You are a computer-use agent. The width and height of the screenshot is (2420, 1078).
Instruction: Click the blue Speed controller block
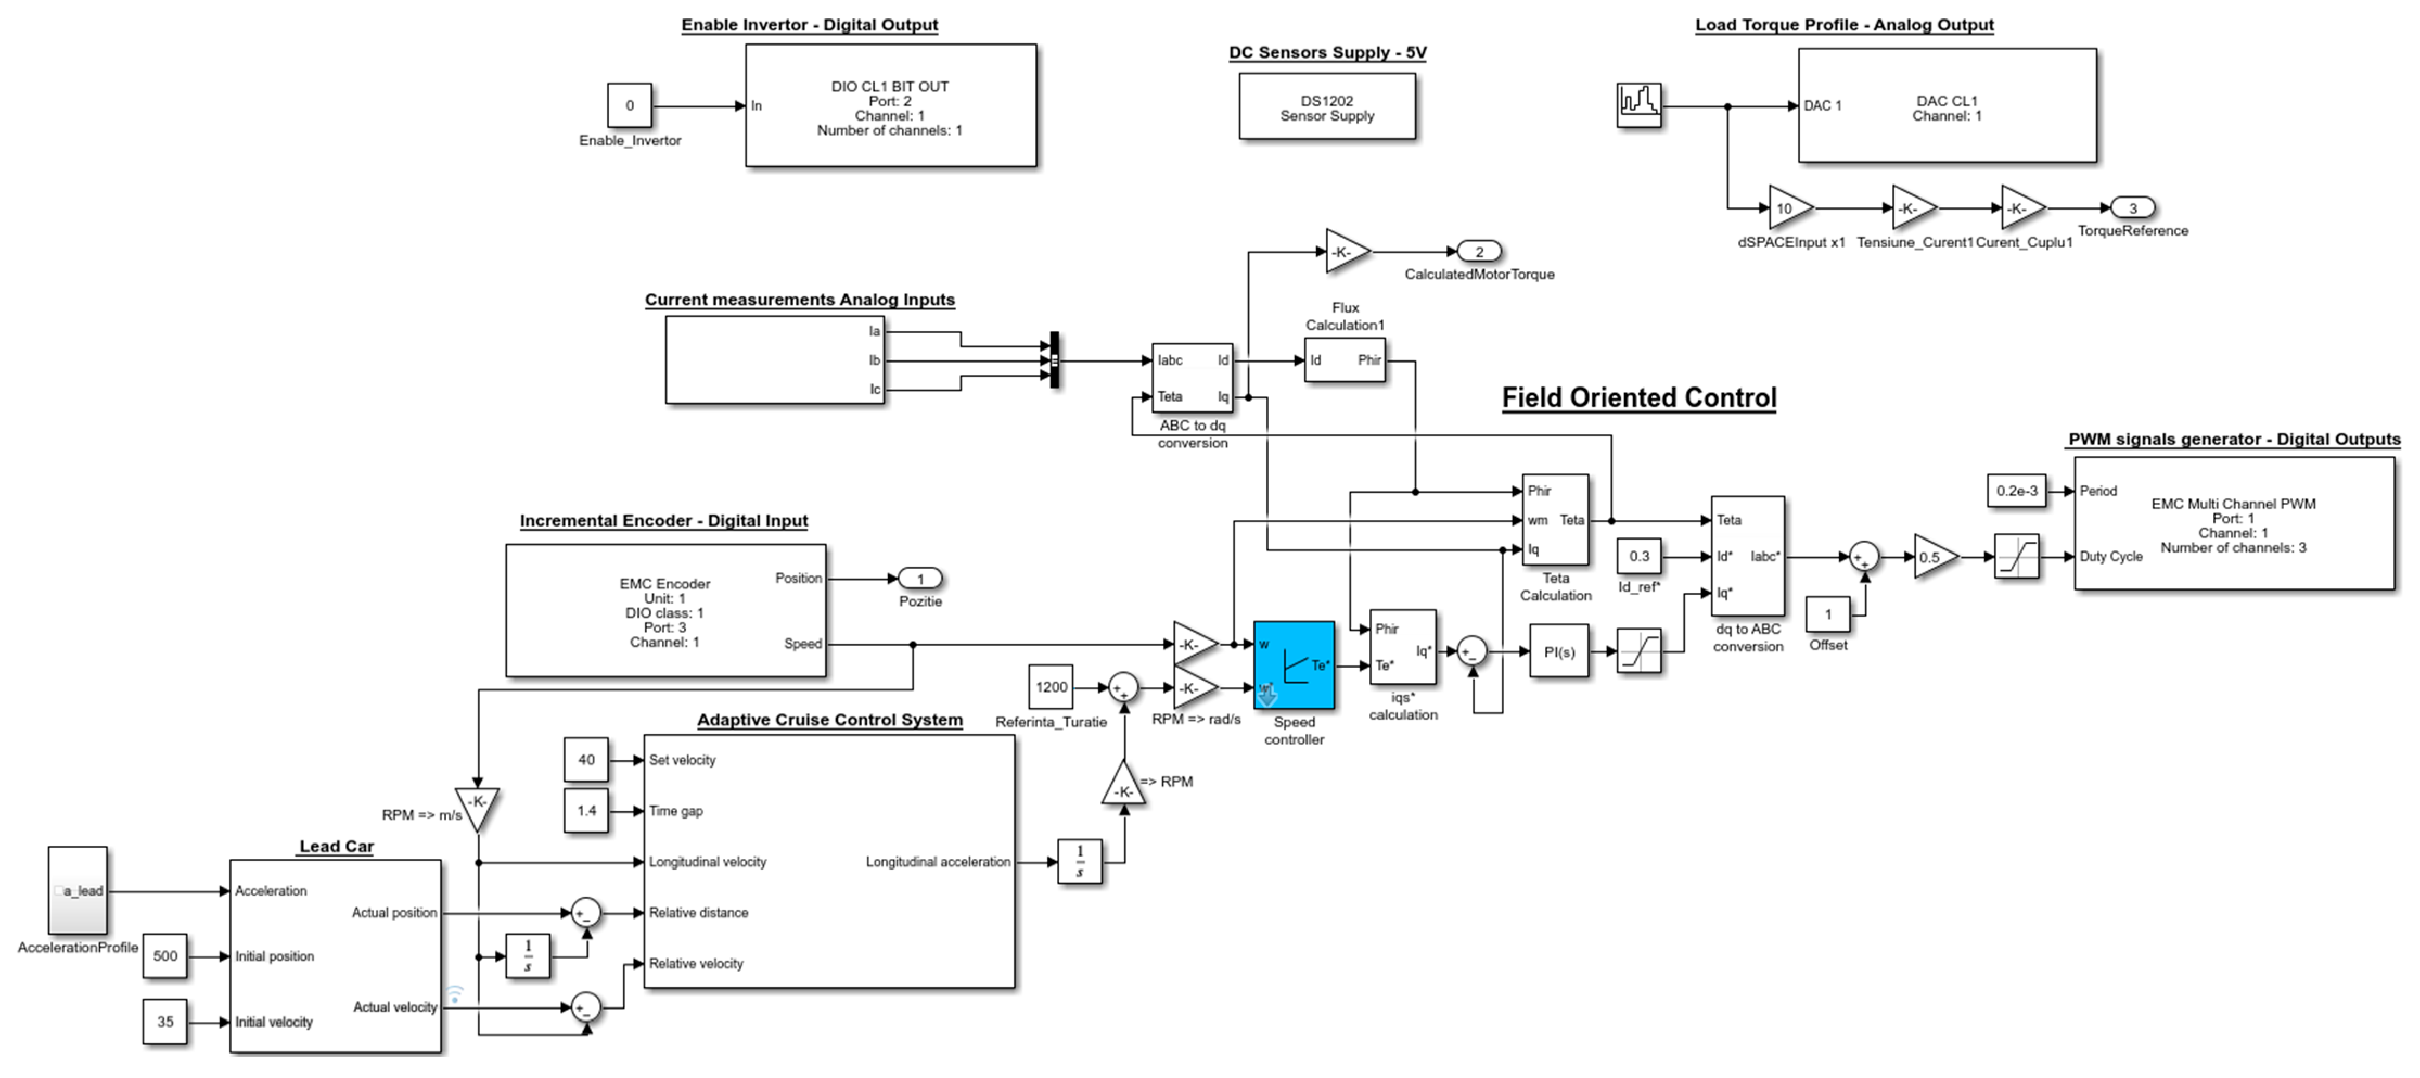pyautogui.click(x=1294, y=664)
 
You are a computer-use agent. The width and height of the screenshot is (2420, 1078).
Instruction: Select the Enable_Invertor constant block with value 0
pyautogui.click(x=630, y=105)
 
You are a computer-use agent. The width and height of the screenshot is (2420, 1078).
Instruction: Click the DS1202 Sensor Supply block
pyautogui.click(x=1327, y=107)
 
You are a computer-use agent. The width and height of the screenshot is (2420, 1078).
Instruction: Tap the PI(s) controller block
pyautogui.click(x=1559, y=651)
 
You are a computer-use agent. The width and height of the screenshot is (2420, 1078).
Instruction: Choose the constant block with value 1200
pyautogui.click(x=1051, y=687)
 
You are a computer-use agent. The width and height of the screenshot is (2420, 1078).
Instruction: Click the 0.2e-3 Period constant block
pyautogui.click(x=2016, y=491)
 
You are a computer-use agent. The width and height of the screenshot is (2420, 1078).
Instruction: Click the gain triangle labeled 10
pyautogui.click(x=1788, y=208)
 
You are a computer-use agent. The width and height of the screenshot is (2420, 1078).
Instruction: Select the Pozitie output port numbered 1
pyautogui.click(x=920, y=579)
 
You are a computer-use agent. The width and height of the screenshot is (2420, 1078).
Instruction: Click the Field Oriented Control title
pyautogui.click(x=1638, y=397)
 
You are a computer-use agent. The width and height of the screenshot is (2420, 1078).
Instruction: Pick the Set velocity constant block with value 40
pyautogui.click(x=586, y=759)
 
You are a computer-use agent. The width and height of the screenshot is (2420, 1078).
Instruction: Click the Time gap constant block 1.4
pyautogui.click(x=586, y=810)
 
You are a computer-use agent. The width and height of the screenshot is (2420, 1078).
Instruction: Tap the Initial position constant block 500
pyautogui.click(x=165, y=956)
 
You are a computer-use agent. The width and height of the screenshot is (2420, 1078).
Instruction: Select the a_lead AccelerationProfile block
pyautogui.click(x=78, y=890)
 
